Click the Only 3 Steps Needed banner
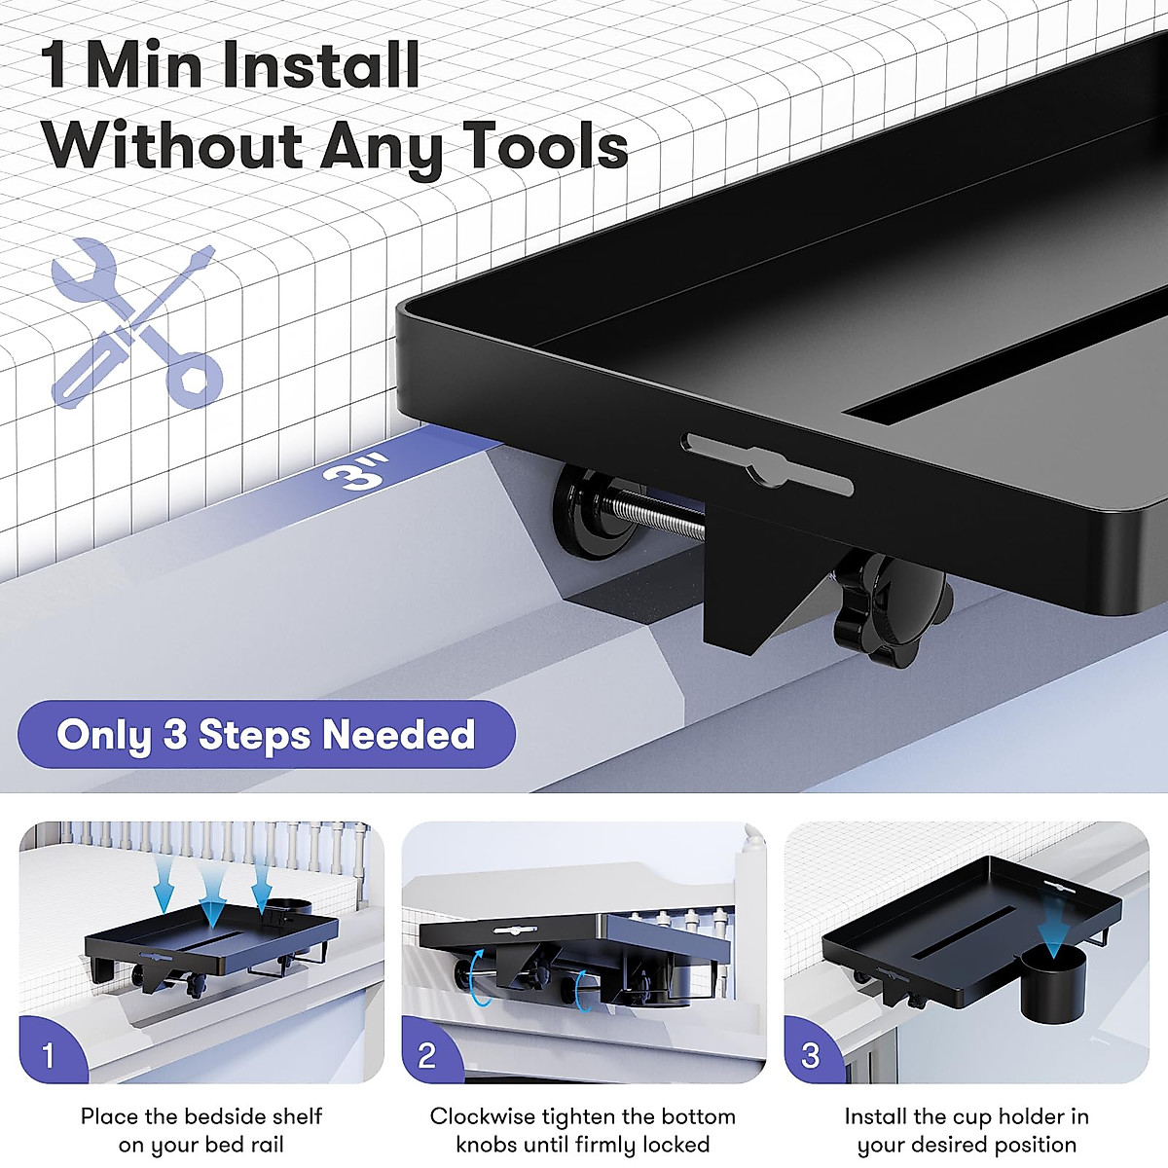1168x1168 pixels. click(266, 735)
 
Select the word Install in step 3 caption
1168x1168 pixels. click(875, 1116)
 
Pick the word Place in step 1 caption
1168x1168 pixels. click(108, 1116)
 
